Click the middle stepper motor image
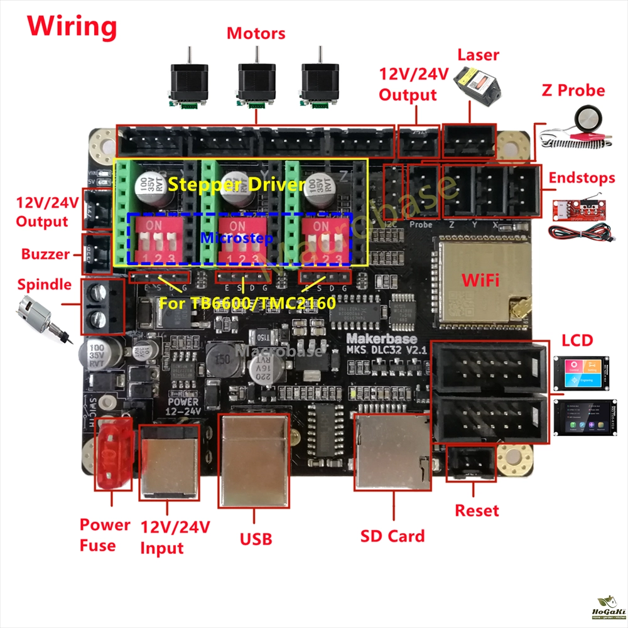pos(255,80)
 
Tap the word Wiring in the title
pos(72,26)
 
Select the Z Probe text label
pos(573,90)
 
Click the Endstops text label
pos(582,178)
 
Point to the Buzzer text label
pos(45,254)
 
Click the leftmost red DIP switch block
pos(158,240)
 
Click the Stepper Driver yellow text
pos(237,185)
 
